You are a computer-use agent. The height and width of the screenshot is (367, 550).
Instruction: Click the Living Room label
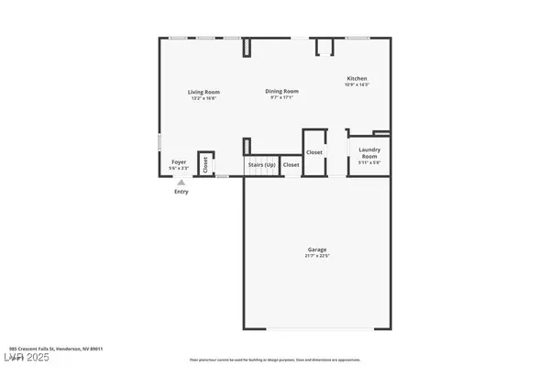pyautogui.click(x=203, y=92)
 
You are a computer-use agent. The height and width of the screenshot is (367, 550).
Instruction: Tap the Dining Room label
pyautogui.click(x=281, y=92)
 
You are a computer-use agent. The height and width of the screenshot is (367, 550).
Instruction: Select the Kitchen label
pyautogui.click(x=357, y=79)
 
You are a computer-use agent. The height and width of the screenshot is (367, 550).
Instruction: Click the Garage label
pyautogui.click(x=317, y=250)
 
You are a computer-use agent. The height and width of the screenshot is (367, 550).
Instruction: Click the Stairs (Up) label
pyautogui.click(x=260, y=165)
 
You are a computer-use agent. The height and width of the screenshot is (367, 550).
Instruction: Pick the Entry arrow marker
pyautogui.click(x=180, y=183)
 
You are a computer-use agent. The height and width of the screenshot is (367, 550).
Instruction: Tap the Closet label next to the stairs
pyautogui.click(x=291, y=165)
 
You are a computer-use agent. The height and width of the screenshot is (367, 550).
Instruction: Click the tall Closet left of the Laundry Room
pyautogui.click(x=314, y=152)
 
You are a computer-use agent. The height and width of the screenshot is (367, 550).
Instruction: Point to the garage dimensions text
pyautogui.click(x=317, y=256)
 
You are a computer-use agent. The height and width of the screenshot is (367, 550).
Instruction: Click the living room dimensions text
pyautogui.click(x=203, y=98)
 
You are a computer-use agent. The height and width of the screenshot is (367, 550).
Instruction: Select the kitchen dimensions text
pyautogui.click(x=357, y=85)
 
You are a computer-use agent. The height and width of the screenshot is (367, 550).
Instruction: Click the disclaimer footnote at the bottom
pyautogui.click(x=275, y=360)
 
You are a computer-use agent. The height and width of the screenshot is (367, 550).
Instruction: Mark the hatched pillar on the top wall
pyautogui.click(x=247, y=48)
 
